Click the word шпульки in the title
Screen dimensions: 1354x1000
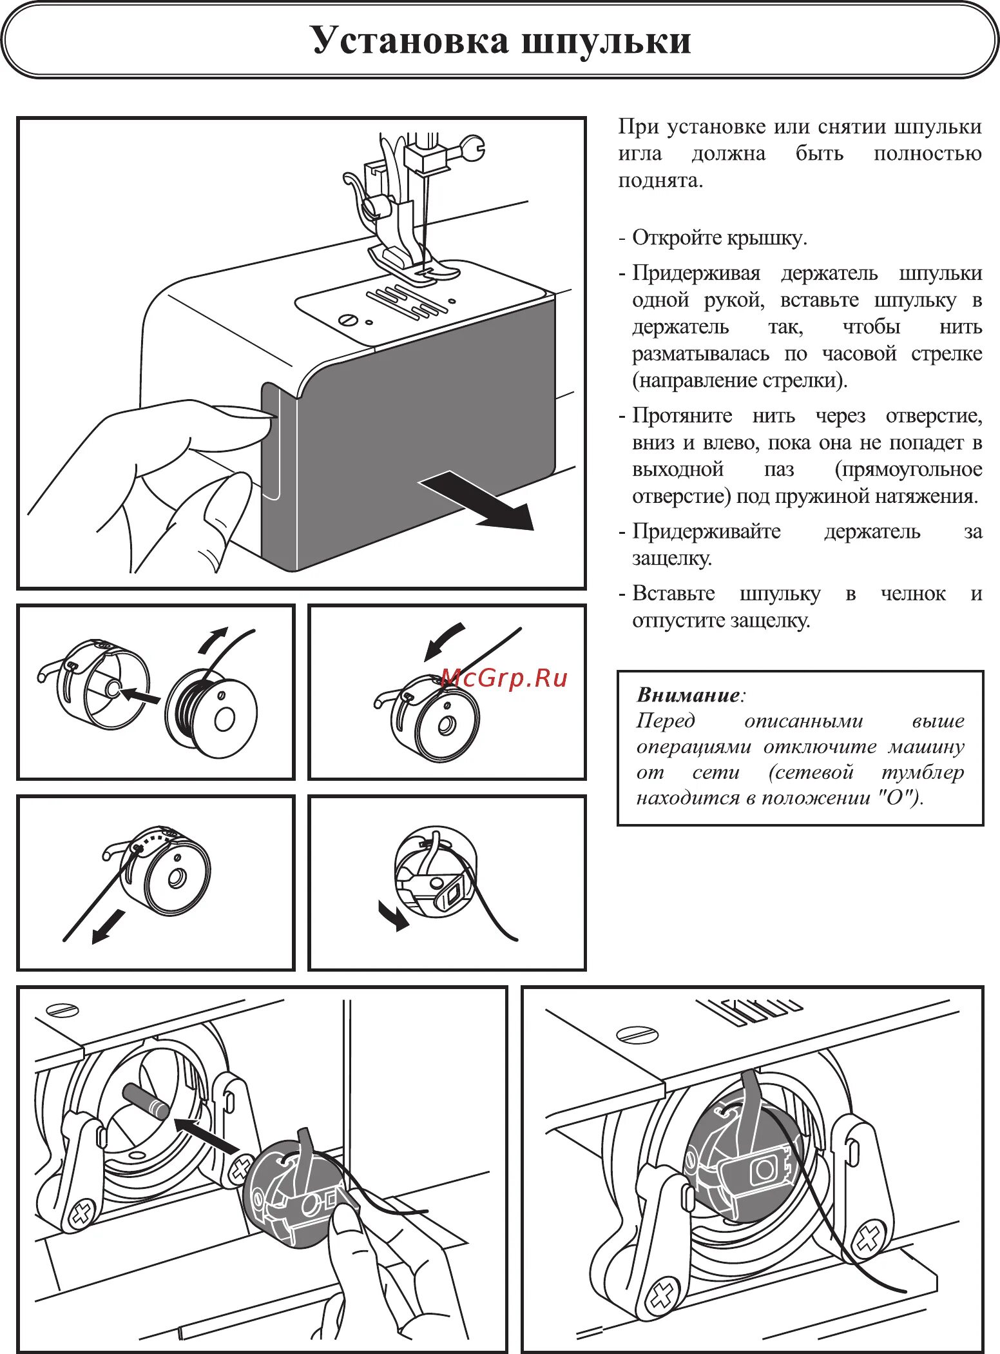pos(606,41)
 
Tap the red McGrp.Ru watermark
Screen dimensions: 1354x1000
pos(505,678)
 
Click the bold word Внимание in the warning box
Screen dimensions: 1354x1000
pos(688,695)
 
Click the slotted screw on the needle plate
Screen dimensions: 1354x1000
pos(348,319)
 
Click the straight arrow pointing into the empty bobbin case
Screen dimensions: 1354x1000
pos(140,695)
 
